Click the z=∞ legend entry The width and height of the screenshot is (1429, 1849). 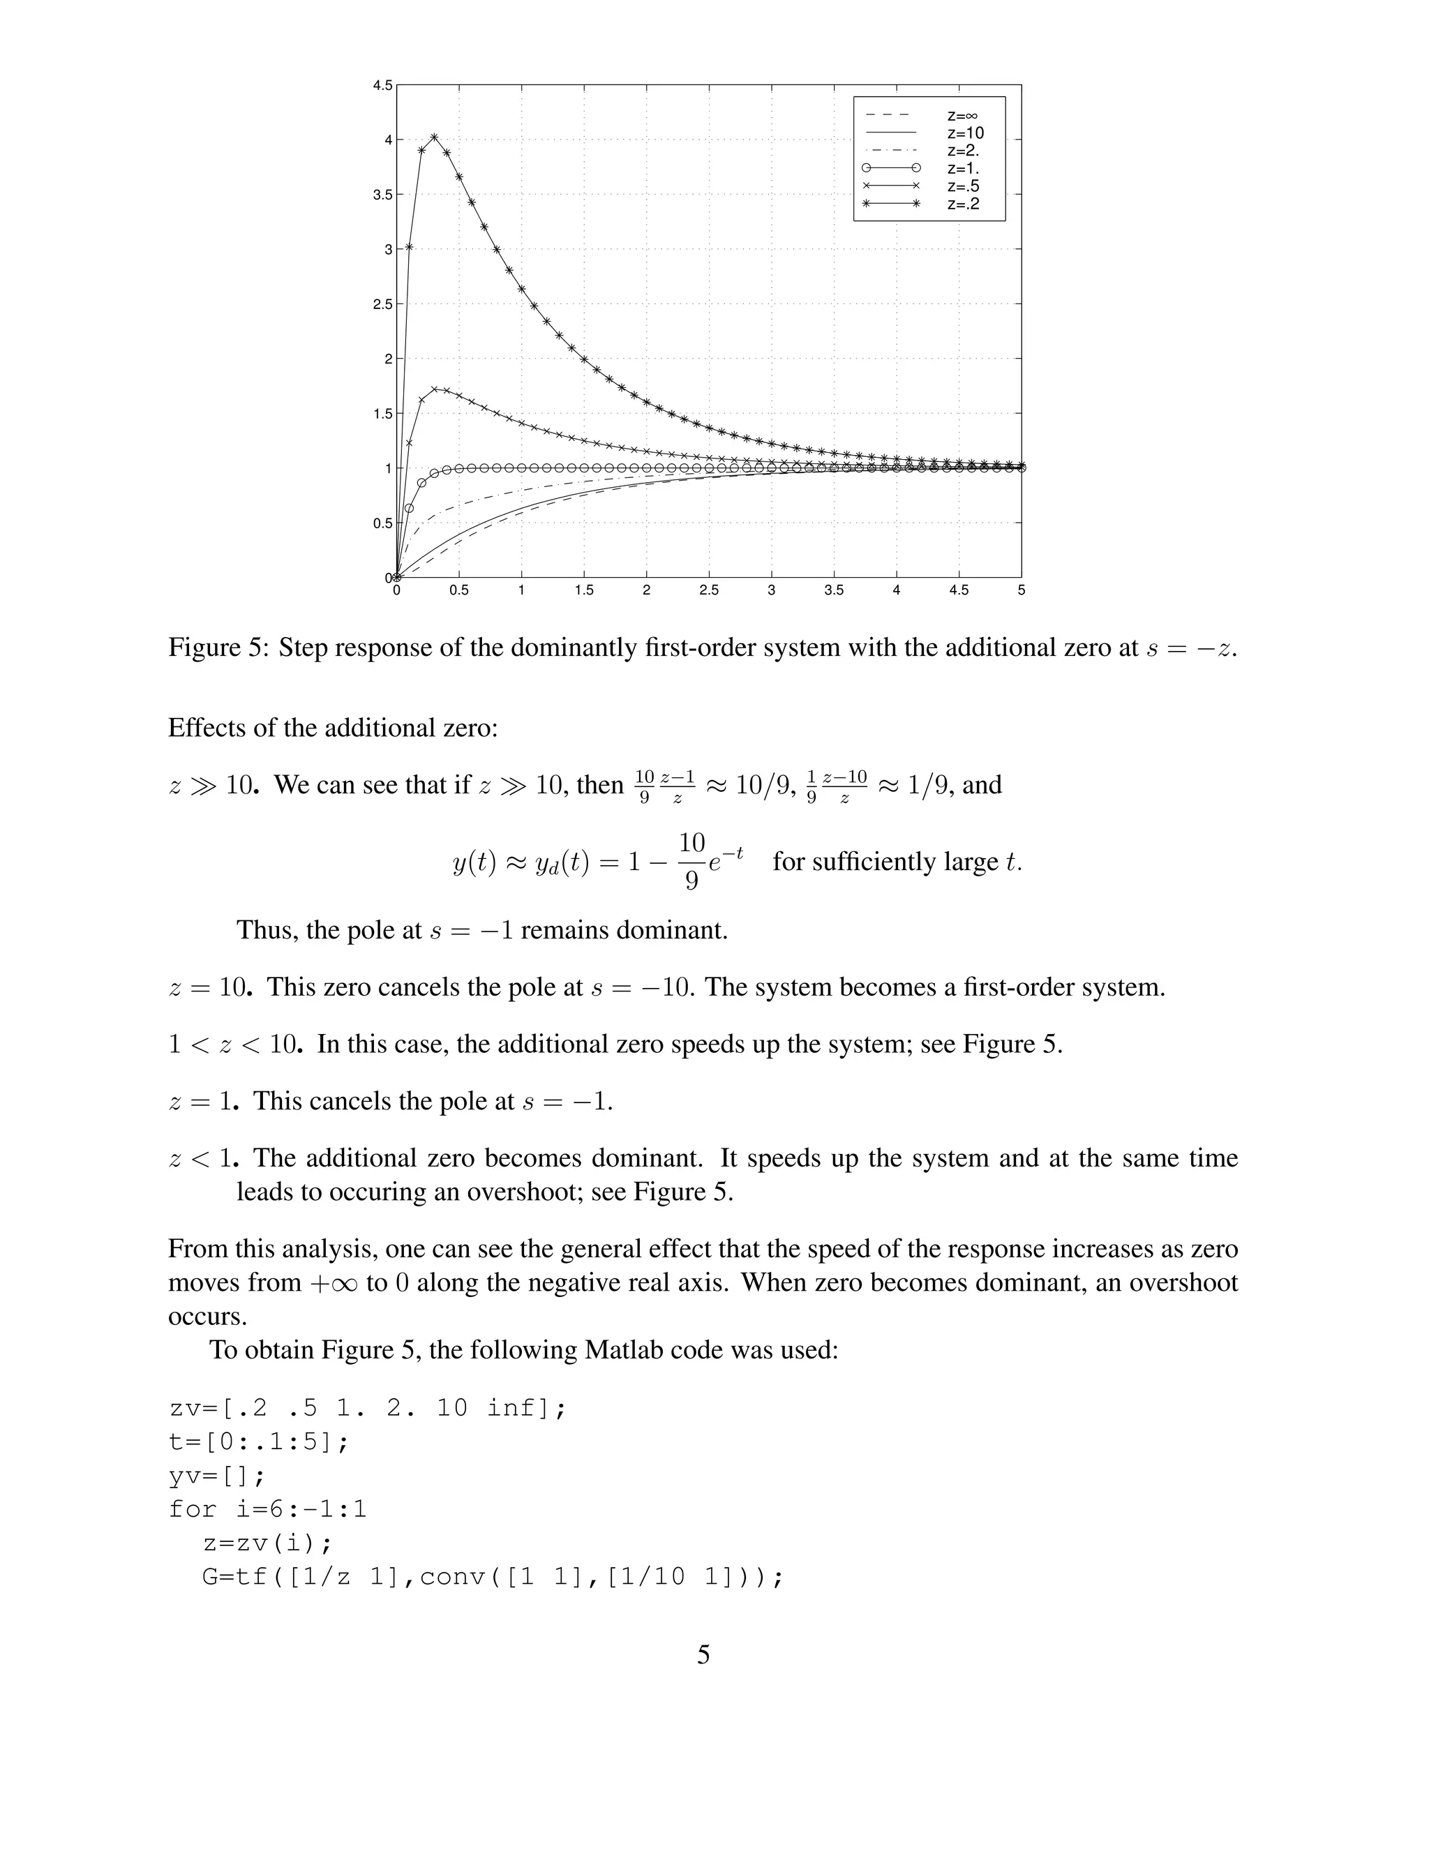pos(962,115)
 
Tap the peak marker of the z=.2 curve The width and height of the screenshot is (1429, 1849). pos(434,137)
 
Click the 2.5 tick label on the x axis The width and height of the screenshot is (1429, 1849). pos(709,590)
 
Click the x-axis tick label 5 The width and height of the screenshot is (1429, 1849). pos(1021,590)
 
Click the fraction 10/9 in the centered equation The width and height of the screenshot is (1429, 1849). pos(691,861)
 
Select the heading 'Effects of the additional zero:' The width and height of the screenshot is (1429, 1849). pos(333,727)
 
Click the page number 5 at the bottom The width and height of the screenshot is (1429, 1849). pos(703,1655)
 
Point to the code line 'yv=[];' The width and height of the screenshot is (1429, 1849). pos(218,1476)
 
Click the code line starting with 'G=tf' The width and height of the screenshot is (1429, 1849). pos(493,1578)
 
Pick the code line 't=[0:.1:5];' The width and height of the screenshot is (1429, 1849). pos(258,1442)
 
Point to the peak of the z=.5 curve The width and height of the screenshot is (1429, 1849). pos(434,389)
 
